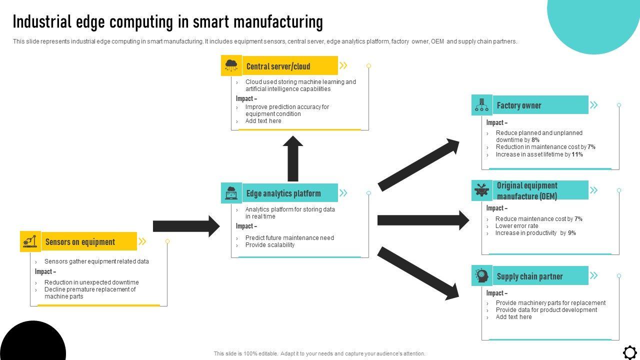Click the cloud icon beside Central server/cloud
tap(231, 65)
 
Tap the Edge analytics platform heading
tap(283, 193)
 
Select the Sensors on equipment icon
tap(30, 241)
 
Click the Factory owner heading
tap(519, 105)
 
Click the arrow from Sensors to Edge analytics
tap(186, 226)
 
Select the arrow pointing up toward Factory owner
tap(418, 165)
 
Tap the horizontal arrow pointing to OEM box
tap(423, 220)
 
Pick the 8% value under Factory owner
tap(535, 140)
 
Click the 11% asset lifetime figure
tap(577, 154)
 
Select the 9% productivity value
tap(572, 233)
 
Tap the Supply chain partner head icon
tap(481, 275)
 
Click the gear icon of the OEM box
tap(481, 190)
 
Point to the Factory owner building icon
tap(481, 104)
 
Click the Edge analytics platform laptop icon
tap(231, 193)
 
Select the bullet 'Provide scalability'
tap(269, 245)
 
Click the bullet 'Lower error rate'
tap(516, 226)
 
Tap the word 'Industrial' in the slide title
tap(42, 22)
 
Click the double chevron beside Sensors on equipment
tap(142, 242)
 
